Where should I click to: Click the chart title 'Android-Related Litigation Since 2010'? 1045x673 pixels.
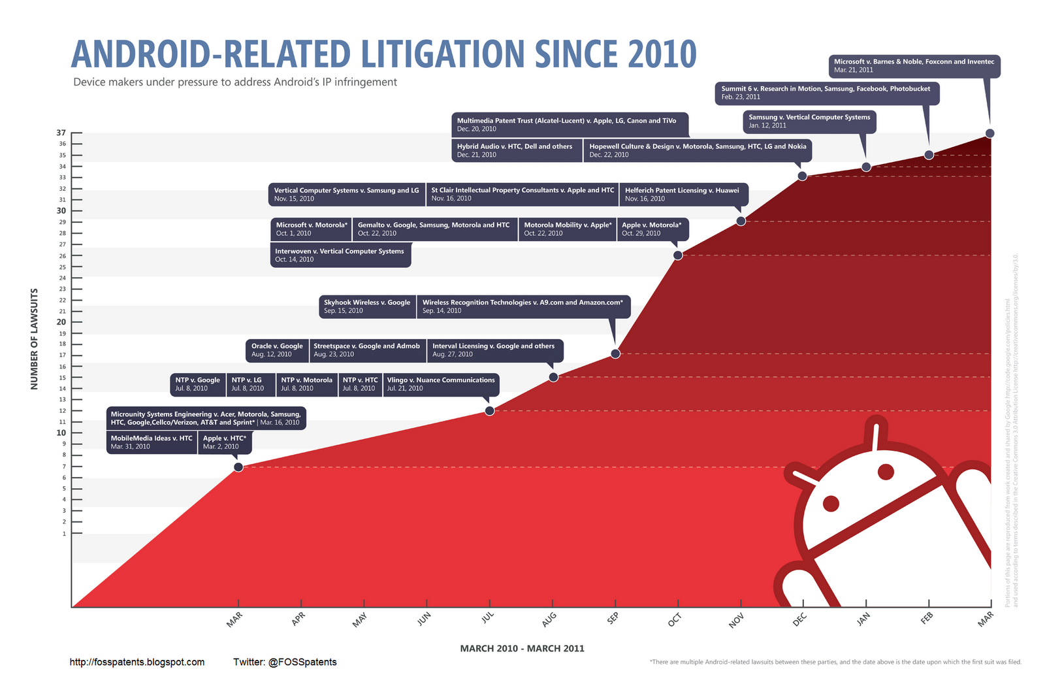pos(383,54)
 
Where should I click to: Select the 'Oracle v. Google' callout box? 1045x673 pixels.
pos(278,350)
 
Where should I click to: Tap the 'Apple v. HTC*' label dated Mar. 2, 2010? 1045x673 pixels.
pos(225,442)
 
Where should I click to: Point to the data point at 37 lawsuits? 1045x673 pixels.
pos(989,133)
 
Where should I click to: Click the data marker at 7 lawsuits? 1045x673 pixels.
pos(238,467)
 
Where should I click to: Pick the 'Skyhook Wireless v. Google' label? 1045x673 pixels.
pos(367,306)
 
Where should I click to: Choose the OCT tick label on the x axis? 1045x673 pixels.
pos(675,619)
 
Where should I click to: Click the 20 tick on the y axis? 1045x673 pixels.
pos(61,322)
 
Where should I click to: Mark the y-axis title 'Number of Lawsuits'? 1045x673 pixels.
pos(35,339)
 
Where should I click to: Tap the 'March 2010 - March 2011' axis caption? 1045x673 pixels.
pos(522,649)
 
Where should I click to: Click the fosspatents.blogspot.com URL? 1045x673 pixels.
pos(137,663)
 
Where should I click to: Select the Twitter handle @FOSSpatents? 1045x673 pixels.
pos(285,663)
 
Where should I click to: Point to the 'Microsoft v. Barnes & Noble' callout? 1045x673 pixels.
pos(914,65)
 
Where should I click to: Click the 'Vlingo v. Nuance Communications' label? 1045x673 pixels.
pos(441,384)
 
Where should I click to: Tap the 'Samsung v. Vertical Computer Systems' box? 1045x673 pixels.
pos(809,121)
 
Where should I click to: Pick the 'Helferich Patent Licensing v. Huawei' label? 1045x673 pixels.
pos(682,194)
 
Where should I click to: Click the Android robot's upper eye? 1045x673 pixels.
pos(886,471)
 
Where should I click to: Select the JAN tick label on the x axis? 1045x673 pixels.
pos(863,619)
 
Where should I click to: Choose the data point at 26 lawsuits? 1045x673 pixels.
pos(678,255)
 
